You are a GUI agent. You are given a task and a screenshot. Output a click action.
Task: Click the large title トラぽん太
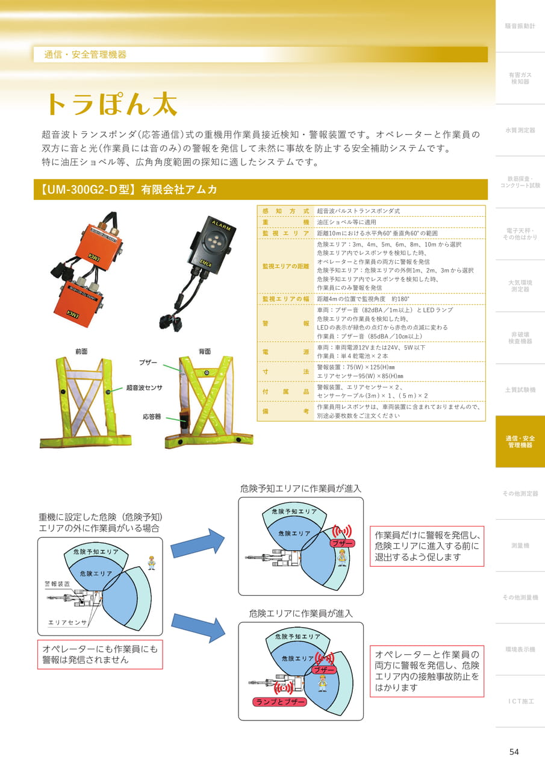[112, 104]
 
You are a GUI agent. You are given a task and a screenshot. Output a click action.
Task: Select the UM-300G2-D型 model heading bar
[261, 189]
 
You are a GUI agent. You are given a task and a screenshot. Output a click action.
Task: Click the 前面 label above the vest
[81, 351]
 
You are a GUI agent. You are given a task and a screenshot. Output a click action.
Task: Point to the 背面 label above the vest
[204, 351]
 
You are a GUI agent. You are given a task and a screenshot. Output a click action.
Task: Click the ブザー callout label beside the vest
[148, 363]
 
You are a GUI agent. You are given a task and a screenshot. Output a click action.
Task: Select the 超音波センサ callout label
[144, 387]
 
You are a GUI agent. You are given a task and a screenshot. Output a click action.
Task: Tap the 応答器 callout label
[152, 417]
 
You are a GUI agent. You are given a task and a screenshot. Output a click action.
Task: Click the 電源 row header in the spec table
[285, 352]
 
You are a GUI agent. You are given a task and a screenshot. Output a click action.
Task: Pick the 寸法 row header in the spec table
[285, 372]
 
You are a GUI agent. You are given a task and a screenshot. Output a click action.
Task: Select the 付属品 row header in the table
[285, 392]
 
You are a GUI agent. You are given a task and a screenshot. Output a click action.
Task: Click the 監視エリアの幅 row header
[285, 299]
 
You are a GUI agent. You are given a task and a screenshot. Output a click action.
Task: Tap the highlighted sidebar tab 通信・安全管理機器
[520, 442]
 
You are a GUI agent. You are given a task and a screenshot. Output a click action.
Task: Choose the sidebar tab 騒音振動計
[520, 26]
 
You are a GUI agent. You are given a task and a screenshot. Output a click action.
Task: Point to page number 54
[514, 752]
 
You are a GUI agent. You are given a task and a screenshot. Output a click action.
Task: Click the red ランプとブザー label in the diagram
[279, 702]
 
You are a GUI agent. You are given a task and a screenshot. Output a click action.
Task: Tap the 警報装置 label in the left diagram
[57, 584]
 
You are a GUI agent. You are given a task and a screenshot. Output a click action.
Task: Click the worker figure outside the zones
[151, 563]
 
